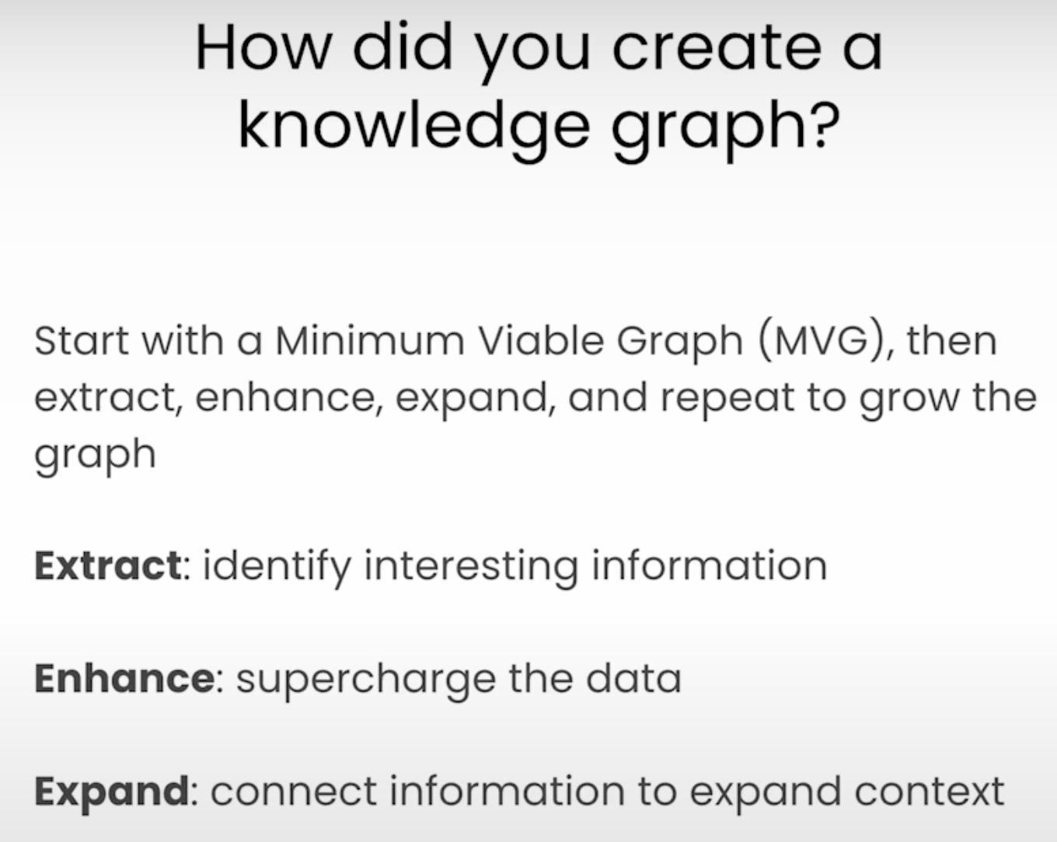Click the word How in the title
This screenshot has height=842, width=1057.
click(263, 48)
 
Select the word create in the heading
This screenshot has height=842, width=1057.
click(717, 48)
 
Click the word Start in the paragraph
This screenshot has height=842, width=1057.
click(82, 341)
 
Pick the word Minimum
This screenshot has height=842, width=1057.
click(369, 341)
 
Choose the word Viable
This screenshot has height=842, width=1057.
click(541, 340)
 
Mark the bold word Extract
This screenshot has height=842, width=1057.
click(108, 566)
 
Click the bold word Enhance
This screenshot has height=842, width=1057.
click(125, 678)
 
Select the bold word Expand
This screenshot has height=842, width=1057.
click(112, 793)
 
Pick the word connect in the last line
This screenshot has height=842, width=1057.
click(294, 792)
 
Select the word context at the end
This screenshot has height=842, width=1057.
click(930, 792)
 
